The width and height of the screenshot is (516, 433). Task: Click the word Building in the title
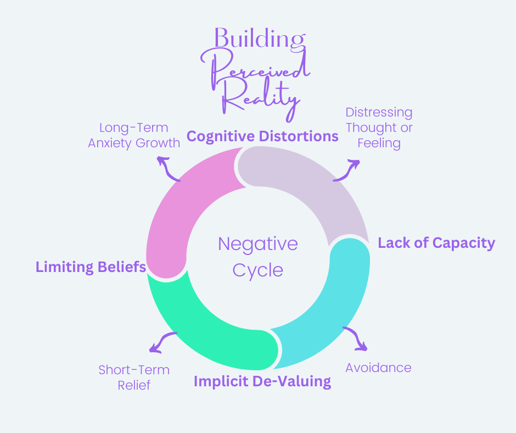pyautogui.click(x=260, y=39)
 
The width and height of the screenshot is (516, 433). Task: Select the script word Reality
pyautogui.click(x=260, y=99)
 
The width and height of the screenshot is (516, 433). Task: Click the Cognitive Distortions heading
pyautogui.click(x=262, y=136)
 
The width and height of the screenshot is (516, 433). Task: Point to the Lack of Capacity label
pyautogui.click(x=436, y=243)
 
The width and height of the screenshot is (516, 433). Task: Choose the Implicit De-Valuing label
pyautogui.click(x=262, y=381)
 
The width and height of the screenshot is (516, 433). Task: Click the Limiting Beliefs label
pyautogui.click(x=91, y=267)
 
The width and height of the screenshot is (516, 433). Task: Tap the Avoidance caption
pyautogui.click(x=378, y=368)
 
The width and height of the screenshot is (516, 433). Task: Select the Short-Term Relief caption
pyautogui.click(x=134, y=378)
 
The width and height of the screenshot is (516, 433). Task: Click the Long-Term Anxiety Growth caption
pyautogui.click(x=134, y=135)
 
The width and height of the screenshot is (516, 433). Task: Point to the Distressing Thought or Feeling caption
pyautogui.click(x=379, y=128)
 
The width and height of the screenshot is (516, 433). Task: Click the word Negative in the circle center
pyautogui.click(x=258, y=245)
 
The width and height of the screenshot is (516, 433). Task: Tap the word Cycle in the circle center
pyautogui.click(x=257, y=271)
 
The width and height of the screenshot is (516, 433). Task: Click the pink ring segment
pyautogui.click(x=175, y=211)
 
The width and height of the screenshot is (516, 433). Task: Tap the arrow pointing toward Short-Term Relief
pyautogui.click(x=160, y=341)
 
